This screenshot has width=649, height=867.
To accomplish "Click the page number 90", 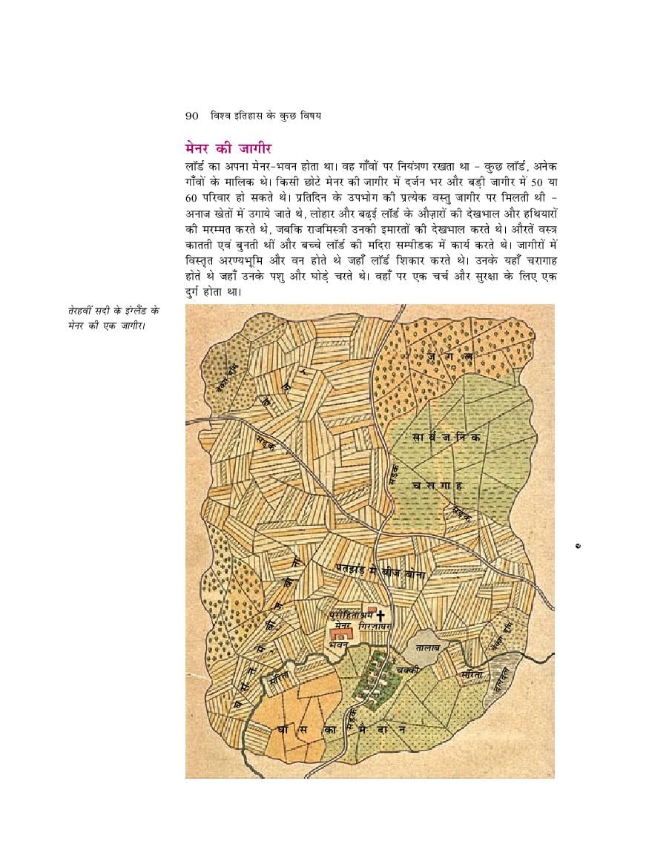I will pyautogui.click(x=191, y=116).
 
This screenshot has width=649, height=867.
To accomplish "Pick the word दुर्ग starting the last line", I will pyautogui.click(x=197, y=291).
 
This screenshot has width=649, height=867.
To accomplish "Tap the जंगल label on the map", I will pyautogui.click(x=450, y=357).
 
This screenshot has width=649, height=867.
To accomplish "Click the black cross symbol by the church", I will pyautogui.click(x=381, y=616).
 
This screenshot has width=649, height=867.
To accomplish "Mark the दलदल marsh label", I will pyautogui.click(x=504, y=676).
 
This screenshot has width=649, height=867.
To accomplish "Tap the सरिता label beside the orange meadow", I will pyautogui.click(x=279, y=676).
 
